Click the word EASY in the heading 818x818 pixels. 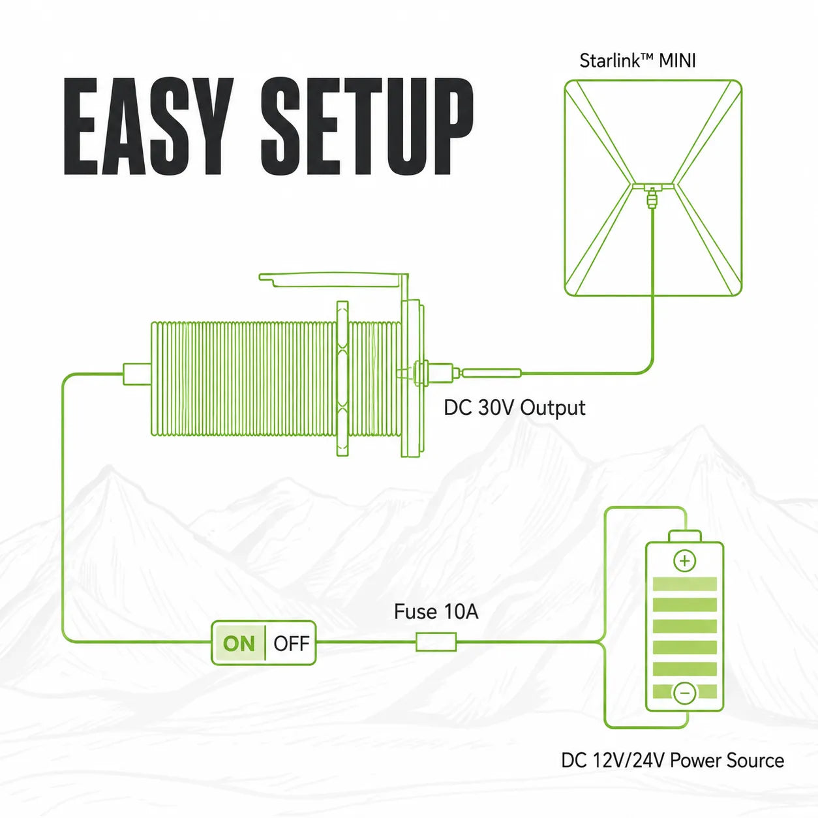coord(149,126)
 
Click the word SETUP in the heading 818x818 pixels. coord(367,126)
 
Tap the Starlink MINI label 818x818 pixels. coord(637,61)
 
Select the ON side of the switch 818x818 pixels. coord(239,644)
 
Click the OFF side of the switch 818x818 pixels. coord(291,644)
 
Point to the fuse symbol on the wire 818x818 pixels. coord(436,642)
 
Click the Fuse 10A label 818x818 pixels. coord(436,612)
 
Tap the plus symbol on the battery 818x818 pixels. coord(685,561)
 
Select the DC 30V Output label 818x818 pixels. coord(515,408)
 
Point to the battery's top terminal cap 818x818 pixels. coord(685,536)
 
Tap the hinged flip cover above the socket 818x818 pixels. coord(333,280)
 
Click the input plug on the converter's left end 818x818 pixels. coord(137,374)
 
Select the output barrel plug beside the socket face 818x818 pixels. coord(491,374)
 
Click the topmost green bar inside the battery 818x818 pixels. coord(684,584)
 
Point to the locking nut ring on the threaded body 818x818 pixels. coord(342,378)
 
